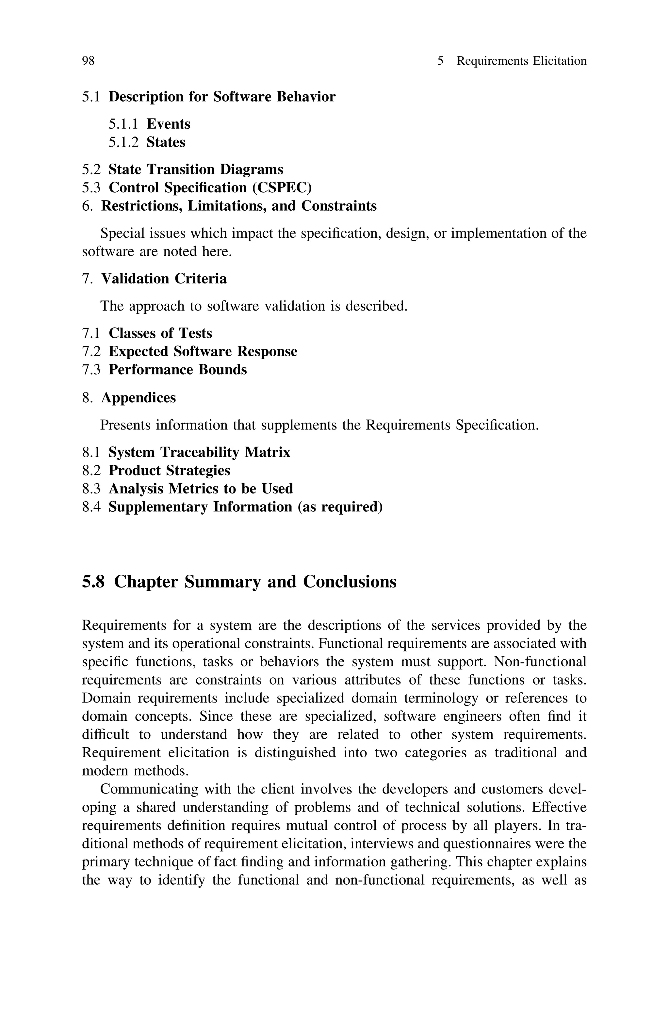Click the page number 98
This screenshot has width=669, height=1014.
[x=88, y=61]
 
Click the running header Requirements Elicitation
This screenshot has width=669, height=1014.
[x=521, y=61]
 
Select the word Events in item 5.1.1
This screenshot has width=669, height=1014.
[x=168, y=124]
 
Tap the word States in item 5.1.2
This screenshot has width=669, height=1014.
[x=166, y=142]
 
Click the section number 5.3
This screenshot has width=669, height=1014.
[x=91, y=188]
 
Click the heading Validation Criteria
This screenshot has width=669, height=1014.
[x=164, y=279]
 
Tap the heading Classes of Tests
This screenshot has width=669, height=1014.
[x=160, y=333]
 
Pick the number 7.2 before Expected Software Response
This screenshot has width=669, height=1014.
[x=91, y=351]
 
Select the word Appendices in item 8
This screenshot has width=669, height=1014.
[x=138, y=398]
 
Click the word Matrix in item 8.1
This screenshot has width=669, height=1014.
[x=267, y=452]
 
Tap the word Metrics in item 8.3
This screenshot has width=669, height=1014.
[x=194, y=489]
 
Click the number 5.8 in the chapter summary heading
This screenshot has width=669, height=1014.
[x=93, y=582]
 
